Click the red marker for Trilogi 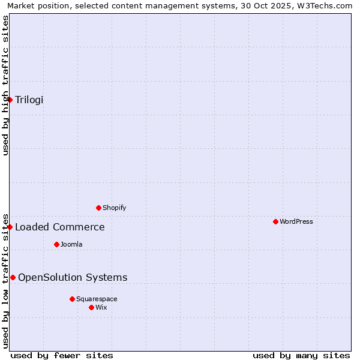(10, 100)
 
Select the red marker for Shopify (99, 208)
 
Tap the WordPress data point (275, 221)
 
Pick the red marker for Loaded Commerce (10, 227)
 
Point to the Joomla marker (57, 244)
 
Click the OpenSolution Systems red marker (13, 277)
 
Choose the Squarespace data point (72, 299)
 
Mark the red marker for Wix (92, 307)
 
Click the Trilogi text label (29, 100)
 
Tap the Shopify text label (114, 208)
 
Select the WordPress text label (296, 221)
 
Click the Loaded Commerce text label (60, 227)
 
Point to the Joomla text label (71, 244)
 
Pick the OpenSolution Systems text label (73, 277)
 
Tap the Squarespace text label (97, 299)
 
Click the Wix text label (101, 307)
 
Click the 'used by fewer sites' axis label (62, 355)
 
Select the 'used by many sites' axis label (301, 355)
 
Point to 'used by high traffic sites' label (5, 85)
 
